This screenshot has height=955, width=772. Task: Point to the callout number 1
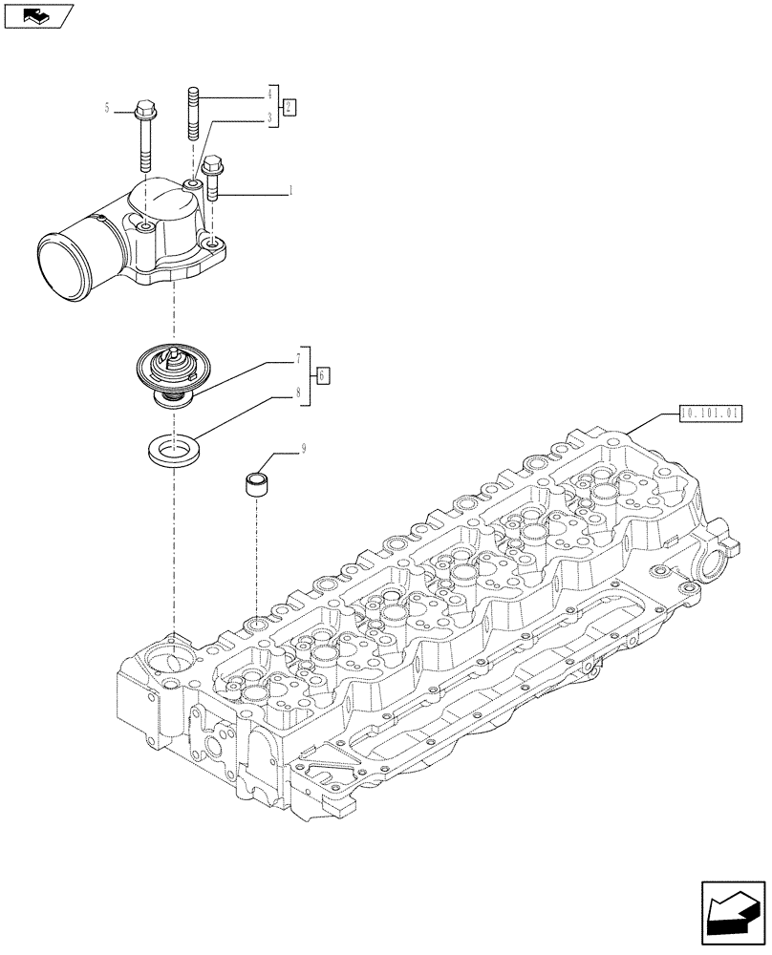(290, 193)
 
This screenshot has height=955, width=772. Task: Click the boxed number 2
(290, 107)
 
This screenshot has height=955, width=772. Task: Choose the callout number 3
(270, 119)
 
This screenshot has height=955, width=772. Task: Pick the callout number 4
(270, 95)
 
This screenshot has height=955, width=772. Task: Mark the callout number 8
(298, 391)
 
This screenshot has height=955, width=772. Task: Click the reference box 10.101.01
(709, 414)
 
